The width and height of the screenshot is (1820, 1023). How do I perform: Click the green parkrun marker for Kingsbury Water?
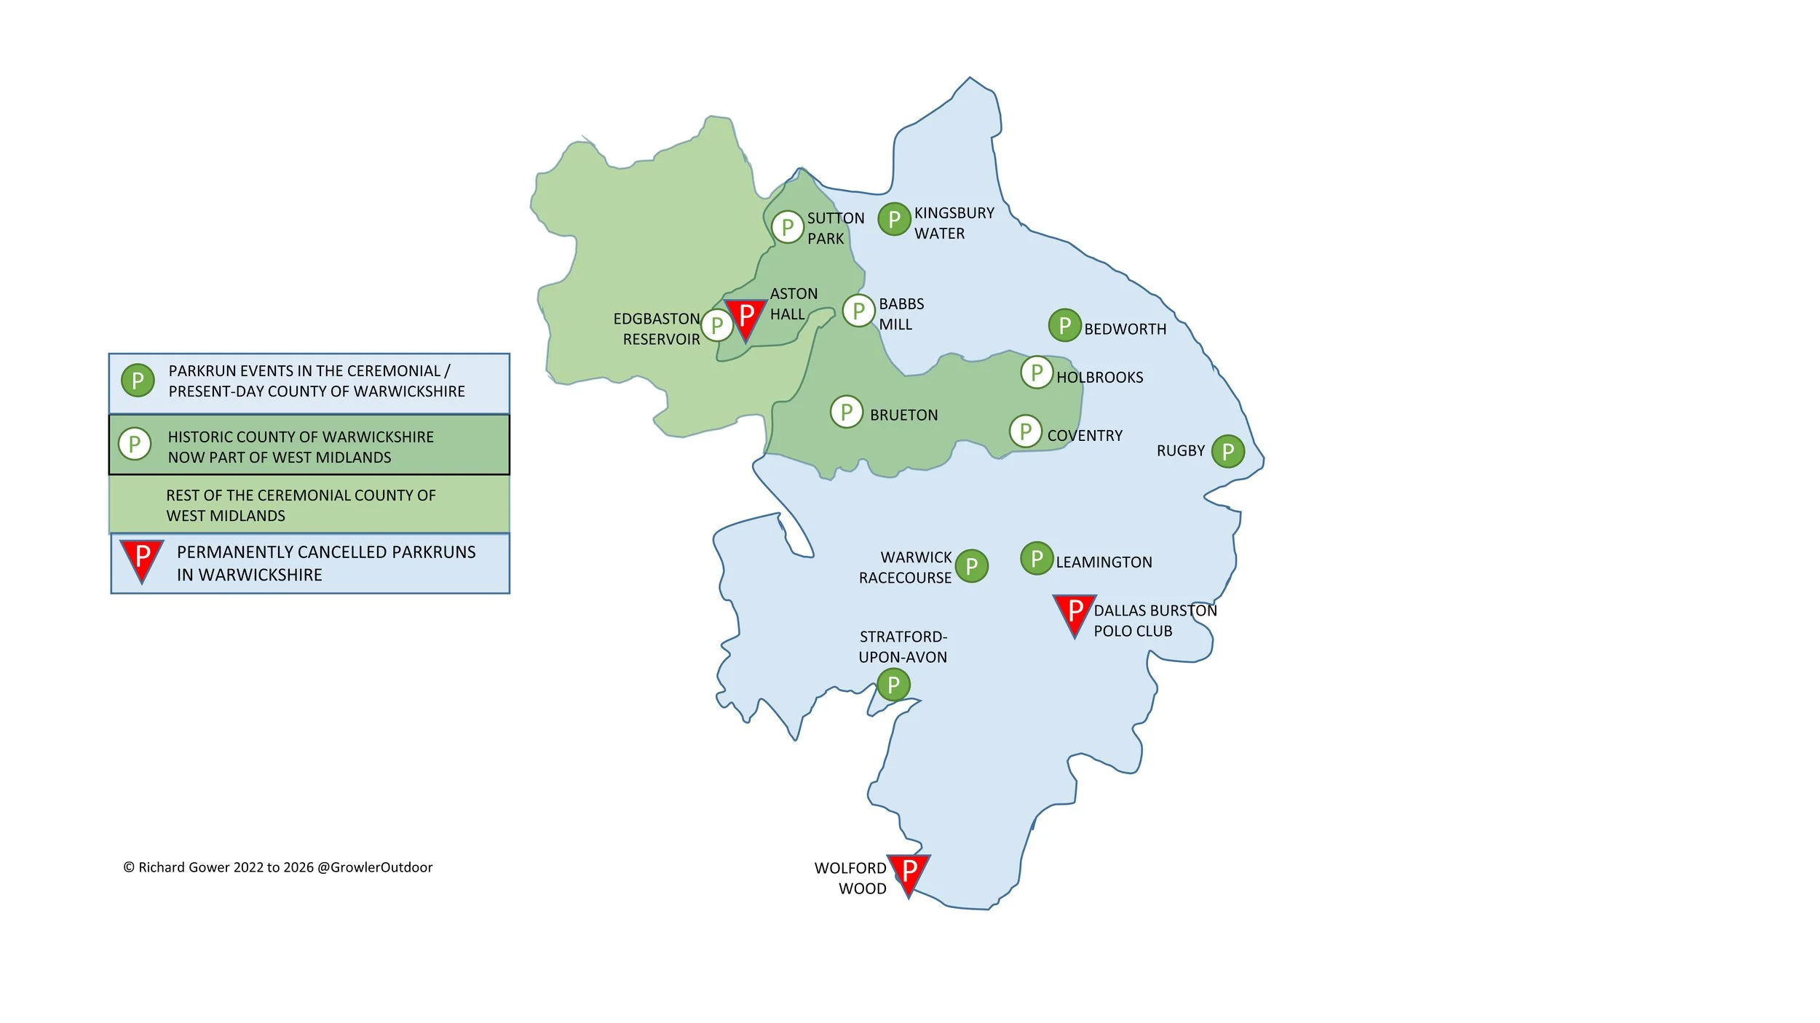[894, 219]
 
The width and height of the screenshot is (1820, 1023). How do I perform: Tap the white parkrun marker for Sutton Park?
[787, 227]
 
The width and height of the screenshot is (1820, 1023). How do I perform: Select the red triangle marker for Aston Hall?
[745, 317]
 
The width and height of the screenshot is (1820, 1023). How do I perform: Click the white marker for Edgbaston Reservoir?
[717, 325]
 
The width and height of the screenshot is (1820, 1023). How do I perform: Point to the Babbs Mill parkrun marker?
[858, 311]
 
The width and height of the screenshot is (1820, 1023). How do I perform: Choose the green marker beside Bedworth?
[1064, 325]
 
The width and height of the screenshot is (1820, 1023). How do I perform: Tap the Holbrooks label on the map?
[1099, 378]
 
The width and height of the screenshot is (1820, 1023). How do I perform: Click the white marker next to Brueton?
[846, 412]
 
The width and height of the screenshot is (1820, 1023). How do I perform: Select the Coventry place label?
[1084, 436]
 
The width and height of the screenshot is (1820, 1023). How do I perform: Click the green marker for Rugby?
[1227, 451]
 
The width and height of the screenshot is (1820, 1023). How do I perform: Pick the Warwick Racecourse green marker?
[971, 566]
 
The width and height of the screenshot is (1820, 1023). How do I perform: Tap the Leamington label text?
[1104, 562]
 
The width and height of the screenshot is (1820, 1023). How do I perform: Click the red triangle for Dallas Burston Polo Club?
[1074, 613]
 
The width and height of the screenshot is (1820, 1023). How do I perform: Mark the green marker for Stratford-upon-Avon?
[893, 685]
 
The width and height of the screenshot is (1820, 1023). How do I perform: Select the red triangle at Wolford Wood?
[908, 872]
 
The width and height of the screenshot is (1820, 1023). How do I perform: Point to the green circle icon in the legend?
[138, 380]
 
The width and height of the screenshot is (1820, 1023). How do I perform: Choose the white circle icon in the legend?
[135, 444]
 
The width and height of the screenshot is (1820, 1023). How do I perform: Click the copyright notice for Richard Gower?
[277, 867]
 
